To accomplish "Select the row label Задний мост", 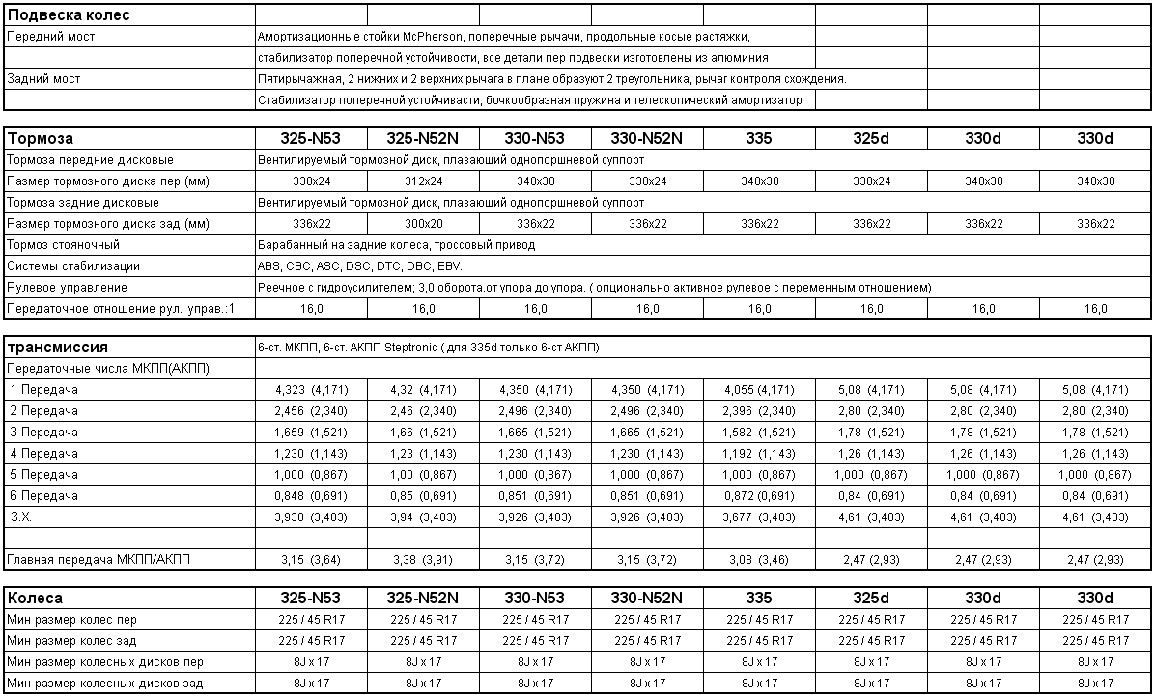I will pyautogui.click(x=43, y=79).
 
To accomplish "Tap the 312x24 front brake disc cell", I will pyautogui.click(x=424, y=181).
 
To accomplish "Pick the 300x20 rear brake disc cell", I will pyautogui.click(x=424, y=224).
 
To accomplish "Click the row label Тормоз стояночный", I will pyautogui.click(x=63, y=245).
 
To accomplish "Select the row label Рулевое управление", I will pyautogui.click(x=67, y=288).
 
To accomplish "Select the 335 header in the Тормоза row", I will pyautogui.click(x=759, y=139).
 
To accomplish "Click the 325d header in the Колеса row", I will pyautogui.click(x=871, y=599).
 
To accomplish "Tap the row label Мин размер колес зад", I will pyautogui.click(x=71, y=641).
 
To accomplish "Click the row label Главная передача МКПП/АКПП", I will pyautogui.click(x=99, y=560).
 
